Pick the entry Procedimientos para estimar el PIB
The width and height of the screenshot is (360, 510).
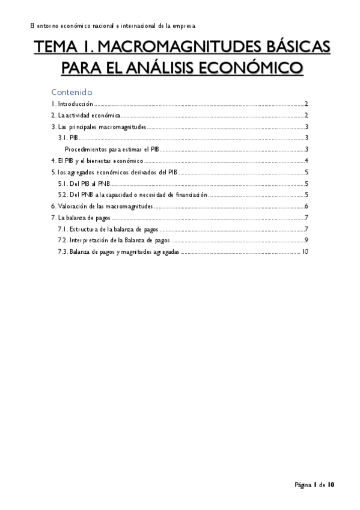[x=111, y=149]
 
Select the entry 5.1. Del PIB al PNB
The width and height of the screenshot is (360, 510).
[x=82, y=183]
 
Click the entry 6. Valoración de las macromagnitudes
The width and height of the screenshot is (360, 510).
[x=102, y=206]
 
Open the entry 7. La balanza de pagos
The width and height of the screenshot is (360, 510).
[x=81, y=218]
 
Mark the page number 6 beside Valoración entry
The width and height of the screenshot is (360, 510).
[x=307, y=206]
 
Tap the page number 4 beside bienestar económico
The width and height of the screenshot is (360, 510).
[x=307, y=161]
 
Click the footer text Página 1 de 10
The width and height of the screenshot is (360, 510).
[x=314, y=484]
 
